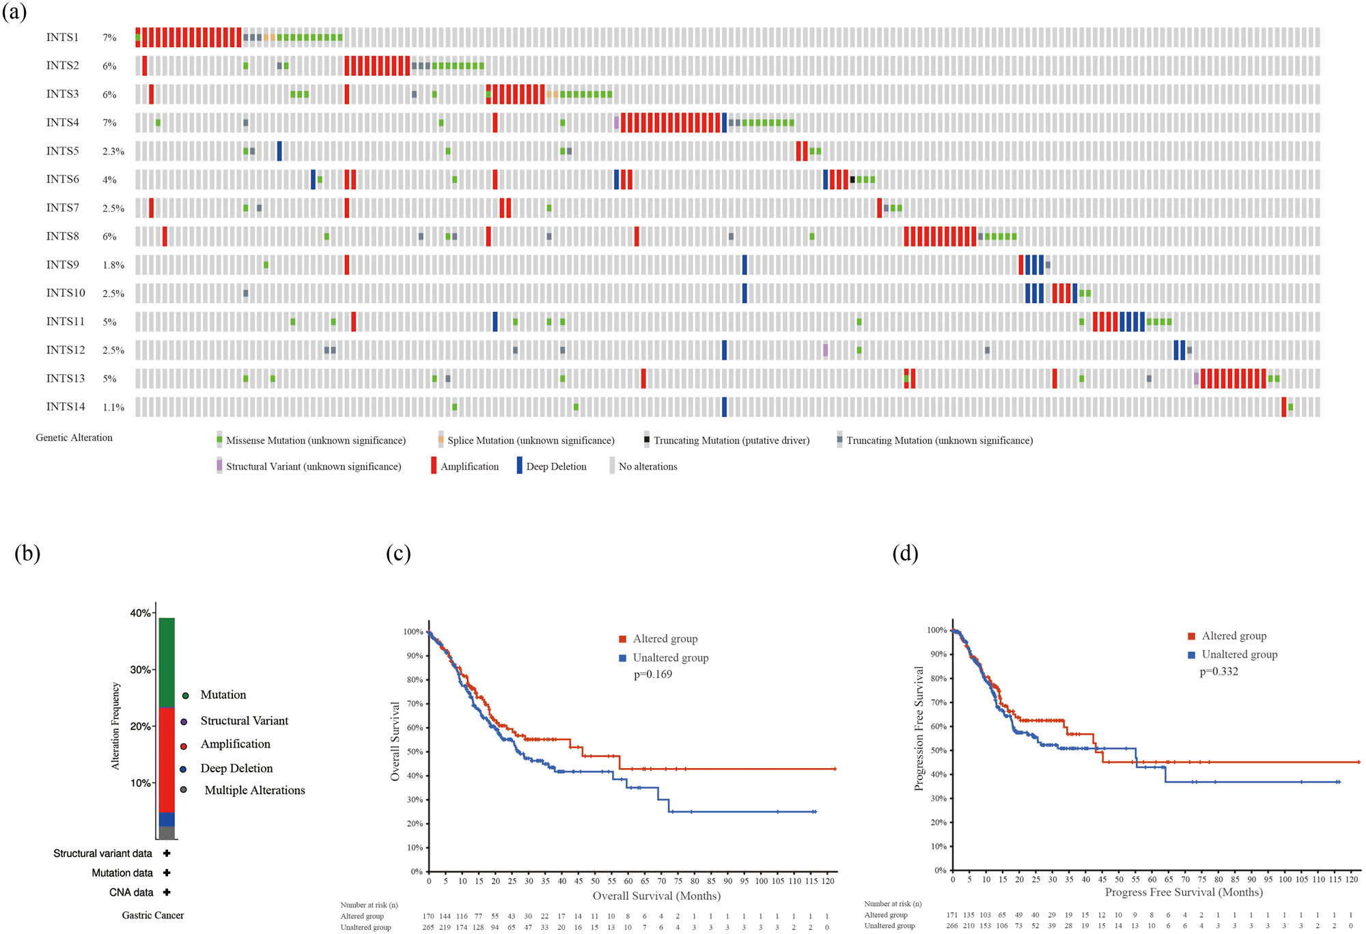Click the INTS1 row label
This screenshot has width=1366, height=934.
(x=62, y=38)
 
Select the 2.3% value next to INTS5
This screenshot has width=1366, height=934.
(x=113, y=152)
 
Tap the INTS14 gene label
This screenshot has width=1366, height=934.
(x=66, y=407)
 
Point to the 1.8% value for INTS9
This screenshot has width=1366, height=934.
(x=113, y=265)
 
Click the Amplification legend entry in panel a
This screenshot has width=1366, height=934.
(x=469, y=466)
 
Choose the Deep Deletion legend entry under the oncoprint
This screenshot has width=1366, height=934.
(x=555, y=466)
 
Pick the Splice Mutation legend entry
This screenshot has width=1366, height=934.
(x=530, y=440)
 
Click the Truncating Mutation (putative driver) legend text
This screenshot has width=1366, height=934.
(x=731, y=440)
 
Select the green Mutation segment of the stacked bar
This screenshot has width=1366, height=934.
(x=167, y=662)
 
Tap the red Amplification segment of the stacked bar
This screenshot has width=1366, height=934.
(x=167, y=759)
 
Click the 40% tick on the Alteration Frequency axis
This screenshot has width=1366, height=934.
(x=141, y=613)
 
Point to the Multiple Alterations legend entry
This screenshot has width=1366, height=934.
(x=254, y=790)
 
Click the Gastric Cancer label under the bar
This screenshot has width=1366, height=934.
(x=153, y=915)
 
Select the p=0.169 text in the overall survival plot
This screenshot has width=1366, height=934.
(x=652, y=675)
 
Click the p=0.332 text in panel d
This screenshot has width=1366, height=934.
(x=1218, y=672)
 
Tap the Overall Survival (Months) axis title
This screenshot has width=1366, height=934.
(x=656, y=896)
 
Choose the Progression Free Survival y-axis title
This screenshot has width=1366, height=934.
(x=919, y=728)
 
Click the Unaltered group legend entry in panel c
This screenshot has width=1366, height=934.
(x=670, y=657)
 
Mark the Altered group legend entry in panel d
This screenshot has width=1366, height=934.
(x=1233, y=636)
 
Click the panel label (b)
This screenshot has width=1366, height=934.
(x=27, y=553)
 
